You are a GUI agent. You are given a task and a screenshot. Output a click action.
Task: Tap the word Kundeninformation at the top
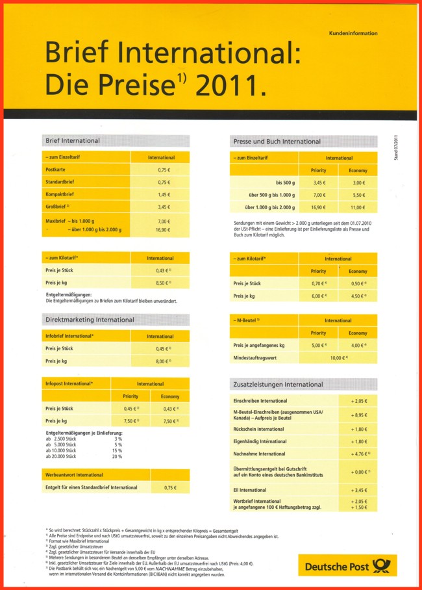(x=353, y=33)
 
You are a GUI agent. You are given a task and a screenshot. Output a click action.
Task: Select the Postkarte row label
(x=55, y=170)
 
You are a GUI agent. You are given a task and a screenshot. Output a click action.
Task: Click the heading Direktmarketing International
(x=90, y=320)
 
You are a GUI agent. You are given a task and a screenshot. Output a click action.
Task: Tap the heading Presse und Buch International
(x=276, y=141)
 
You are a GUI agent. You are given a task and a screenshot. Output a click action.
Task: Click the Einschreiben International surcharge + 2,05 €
(x=359, y=401)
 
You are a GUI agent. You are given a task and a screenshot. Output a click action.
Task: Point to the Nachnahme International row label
(x=258, y=454)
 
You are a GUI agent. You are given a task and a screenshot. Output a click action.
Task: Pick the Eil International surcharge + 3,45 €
(x=359, y=489)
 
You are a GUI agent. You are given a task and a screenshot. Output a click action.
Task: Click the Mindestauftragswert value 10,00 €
(x=339, y=358)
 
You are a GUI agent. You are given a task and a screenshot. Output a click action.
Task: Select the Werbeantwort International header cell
(x=74, y=475)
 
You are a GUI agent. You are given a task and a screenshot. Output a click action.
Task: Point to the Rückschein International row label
(x=258, y=430)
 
